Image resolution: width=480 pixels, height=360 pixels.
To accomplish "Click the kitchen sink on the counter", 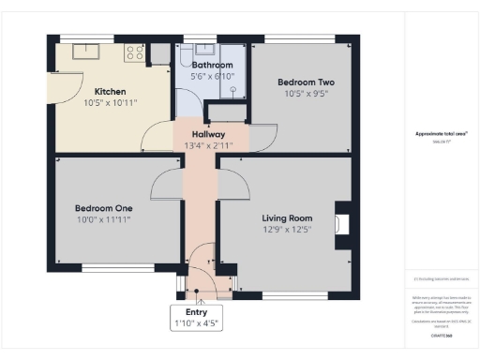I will pos(86,52).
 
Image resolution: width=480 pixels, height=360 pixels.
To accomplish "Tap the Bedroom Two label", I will pos(306,82).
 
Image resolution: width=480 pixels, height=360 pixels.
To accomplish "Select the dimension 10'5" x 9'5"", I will pos(306,95).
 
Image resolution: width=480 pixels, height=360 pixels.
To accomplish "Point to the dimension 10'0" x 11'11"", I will pos(103,219).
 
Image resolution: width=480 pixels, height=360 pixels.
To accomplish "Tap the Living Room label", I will pos(287,217).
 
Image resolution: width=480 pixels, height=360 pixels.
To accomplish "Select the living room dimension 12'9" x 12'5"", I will pos(287,230).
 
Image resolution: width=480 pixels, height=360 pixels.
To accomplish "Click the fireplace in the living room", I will pos(343,224).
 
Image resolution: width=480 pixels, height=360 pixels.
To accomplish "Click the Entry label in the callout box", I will pos(196,312).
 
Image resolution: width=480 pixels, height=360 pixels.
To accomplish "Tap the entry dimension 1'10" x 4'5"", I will pos(196,324).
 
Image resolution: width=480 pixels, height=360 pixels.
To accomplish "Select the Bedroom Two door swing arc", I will pos(260,141).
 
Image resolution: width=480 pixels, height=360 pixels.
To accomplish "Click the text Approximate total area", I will pos(441,134).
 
